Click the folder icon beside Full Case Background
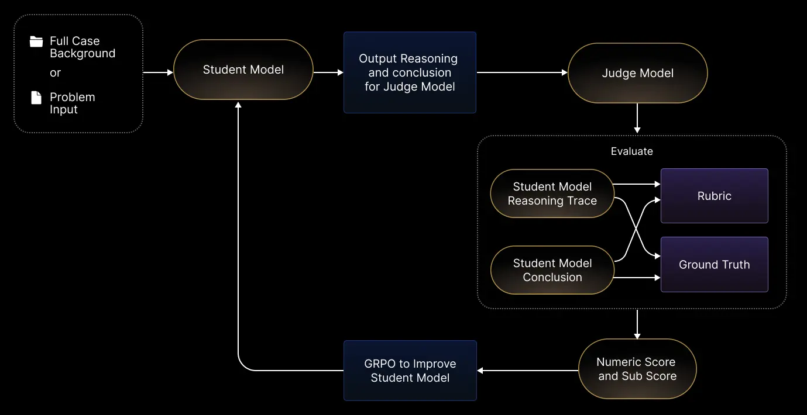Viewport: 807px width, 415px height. coord(36,41)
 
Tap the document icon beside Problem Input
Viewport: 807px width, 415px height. coord(36,98)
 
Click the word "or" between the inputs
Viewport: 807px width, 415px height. coord(55,73)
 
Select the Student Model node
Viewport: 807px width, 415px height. coord(243,70)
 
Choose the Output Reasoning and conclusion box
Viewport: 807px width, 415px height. coord(409,72)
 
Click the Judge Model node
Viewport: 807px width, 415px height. coord(637,73)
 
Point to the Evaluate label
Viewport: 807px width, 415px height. coord(631,151)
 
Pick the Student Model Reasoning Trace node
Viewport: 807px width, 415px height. coord(552,193)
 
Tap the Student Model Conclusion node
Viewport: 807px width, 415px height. coord(552,270)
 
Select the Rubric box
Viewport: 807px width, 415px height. coord(714,196)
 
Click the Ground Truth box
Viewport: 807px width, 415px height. coord(714,264)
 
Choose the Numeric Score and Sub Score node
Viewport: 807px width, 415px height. coord(637,369)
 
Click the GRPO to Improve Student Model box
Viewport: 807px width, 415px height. coord(410,371)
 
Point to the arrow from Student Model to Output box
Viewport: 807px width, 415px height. coord(328,72)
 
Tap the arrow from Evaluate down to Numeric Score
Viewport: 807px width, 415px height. coord(637,324)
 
